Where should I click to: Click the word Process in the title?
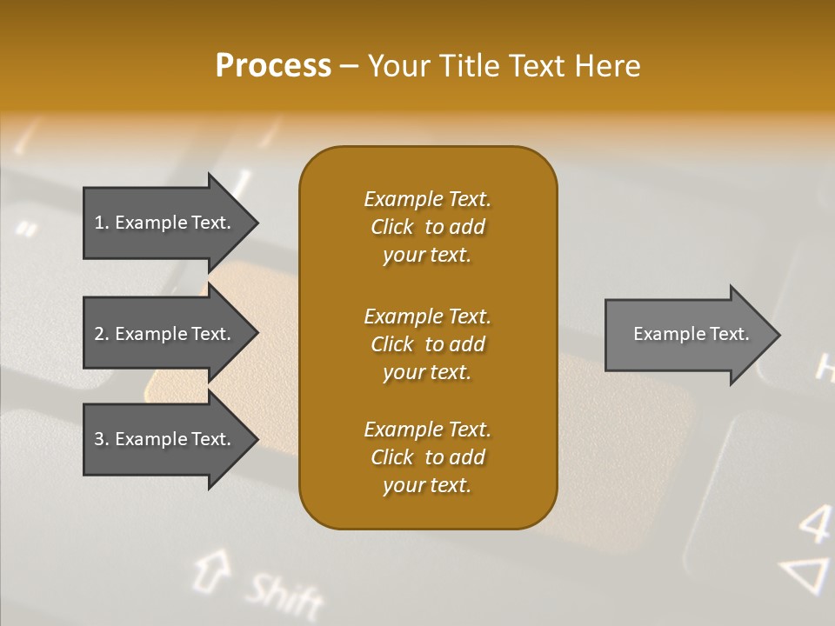pyautogui.click(x=273, y=66)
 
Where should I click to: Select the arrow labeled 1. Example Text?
pyautogui.click(x=165, y=223)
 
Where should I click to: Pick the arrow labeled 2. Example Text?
pyautogui.click(x=165, y=334)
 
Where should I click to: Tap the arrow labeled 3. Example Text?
pyautogui.click(x=165, y=439)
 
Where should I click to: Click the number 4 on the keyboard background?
pyautogui.click(x=814, y=524)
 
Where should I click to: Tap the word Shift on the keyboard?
pyautogui.click(x=283, y=596)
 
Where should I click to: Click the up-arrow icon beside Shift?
pyautogui.click(x=210, y=569)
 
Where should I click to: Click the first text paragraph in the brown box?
pyautogui.click(x=427, y=227)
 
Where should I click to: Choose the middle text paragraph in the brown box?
pyautogui.click(x=427, y=344)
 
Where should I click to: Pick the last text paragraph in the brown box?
pyautogui.click(x=427, y=457)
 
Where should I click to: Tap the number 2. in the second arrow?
pyautogui.click(x=102, y=334)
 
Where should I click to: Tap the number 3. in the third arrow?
pyautogui.click(x=102, y=439)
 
